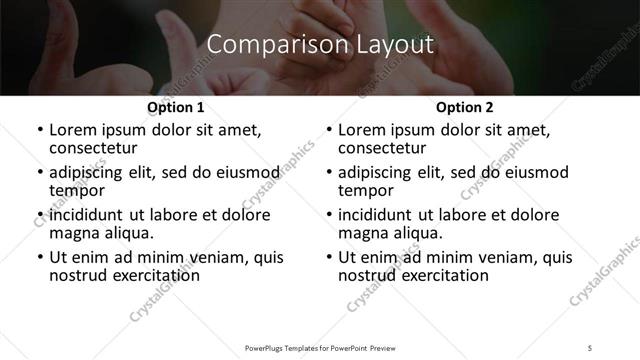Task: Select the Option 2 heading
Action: pyautogui.click(x=465, y=107)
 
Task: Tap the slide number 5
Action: pyautogui.click(x=591, y=347)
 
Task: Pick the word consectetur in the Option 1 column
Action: pyautogui.click(x=95, y=148)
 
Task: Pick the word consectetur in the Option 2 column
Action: pyautogui.click(x=384, y=148)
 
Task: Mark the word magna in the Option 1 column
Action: pyautogui.click(x=73, y=233)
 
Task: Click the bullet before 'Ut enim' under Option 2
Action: pyautogui.click(x=329, y=258)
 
